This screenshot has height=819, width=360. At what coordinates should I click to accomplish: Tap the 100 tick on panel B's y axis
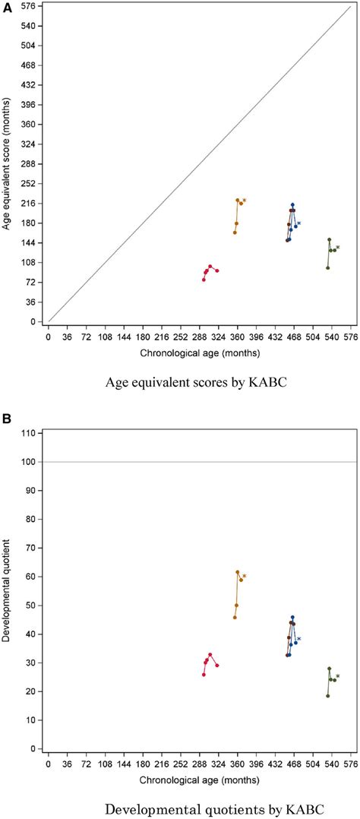pos(29,462)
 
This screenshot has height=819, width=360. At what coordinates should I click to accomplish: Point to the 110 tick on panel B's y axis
pos(29,433)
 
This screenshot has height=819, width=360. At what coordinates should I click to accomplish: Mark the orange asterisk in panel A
pos(245,201)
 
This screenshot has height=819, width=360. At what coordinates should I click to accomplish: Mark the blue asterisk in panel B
pos(299,640)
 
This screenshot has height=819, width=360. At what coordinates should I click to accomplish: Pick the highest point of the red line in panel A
pos(210,267)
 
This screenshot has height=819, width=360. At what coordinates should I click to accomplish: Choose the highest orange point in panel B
pos(238,572)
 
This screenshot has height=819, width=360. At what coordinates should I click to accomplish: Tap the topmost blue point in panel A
pos(292,204)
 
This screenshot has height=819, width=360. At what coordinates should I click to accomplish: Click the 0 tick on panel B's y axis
pos(32,749)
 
